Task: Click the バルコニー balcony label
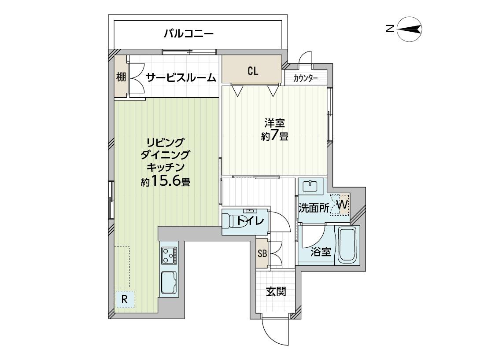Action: (x=188, y=33)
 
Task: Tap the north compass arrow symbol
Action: (x=409, y=29)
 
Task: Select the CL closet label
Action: (x=253, y=71)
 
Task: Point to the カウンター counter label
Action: (x=305, y=79)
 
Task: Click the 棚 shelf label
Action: (x=121, y=77)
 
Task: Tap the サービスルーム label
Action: (x=181, y=78)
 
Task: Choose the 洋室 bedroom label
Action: (x=275, y=123)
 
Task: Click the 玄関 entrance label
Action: (x=276, y=291)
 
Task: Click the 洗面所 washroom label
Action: (x=314, y=208)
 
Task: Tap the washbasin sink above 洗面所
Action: (x=311, y=186)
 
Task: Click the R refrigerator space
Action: (x=125, y=299)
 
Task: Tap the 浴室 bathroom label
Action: (x=321, y=252)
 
